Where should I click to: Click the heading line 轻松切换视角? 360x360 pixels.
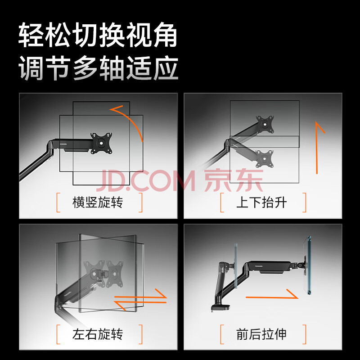[x=98, y=35]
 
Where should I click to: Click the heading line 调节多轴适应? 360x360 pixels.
[x=98, y=68]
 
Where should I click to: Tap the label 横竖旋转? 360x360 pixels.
[x=98, y=202]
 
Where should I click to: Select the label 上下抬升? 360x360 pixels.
[x=261, y=202]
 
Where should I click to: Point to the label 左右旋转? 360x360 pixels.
[x=98, y=334]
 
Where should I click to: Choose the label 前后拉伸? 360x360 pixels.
[x=261, y=334]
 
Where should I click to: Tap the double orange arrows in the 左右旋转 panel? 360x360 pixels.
[x=140, y=300]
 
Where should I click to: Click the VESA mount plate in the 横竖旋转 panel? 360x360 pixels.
[x=101, y=143]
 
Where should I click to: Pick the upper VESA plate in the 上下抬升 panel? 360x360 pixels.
[x=265, y=124]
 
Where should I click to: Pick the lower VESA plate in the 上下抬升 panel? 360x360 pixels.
[x=265, y=159]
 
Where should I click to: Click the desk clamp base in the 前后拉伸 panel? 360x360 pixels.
[x=220, y=307]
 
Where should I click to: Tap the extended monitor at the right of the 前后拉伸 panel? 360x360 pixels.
[x=307, y=265]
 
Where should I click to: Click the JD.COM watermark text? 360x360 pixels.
[x=146, y=180]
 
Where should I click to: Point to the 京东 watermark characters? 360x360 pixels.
[x=234, y=180]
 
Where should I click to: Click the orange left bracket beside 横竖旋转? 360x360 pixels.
[x=58, y=202]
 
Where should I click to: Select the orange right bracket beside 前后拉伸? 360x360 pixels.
[x=305, y=334]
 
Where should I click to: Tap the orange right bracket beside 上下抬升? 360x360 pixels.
[x=305, y=202]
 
